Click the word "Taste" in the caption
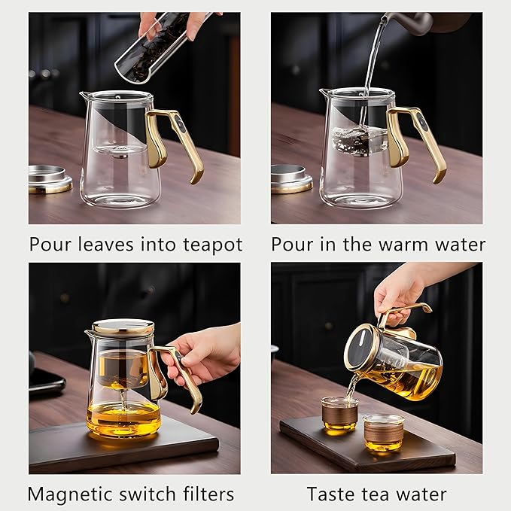[x=332, y=494]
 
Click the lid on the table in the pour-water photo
[x=292, y=178]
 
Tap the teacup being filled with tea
[x=339, y=414]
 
